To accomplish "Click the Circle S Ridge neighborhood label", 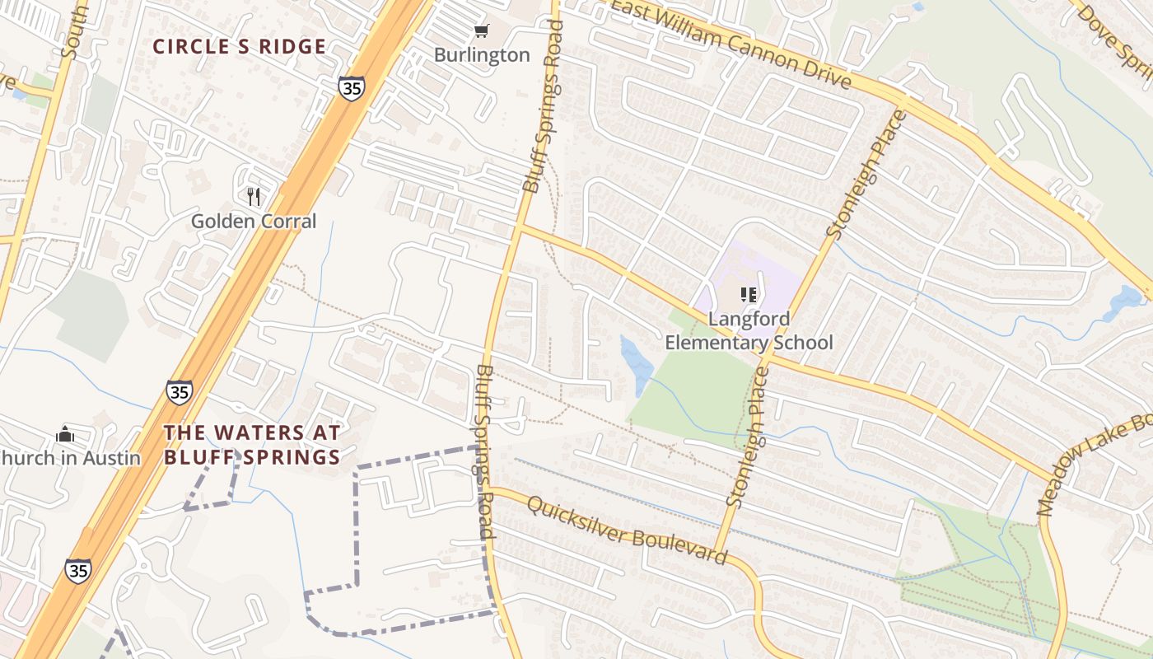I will tap(240, 47).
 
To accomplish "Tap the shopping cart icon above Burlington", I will tap(482, 31).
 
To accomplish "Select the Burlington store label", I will tap(482, 55).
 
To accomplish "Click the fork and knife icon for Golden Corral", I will tap(254, 196).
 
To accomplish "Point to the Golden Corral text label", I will tap(254, 221).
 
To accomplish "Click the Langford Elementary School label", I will tap(749, 330).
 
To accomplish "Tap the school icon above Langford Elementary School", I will tap(749, 294).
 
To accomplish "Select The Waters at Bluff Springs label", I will tap(252, 445).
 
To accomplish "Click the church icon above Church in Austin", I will tap(65, 434).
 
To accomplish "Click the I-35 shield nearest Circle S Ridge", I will tap(351, 88).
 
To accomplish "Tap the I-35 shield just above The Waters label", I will tap(179, 392).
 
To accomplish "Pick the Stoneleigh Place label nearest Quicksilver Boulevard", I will tap(749, 437).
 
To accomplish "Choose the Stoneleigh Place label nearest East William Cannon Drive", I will tap(865, 175).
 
